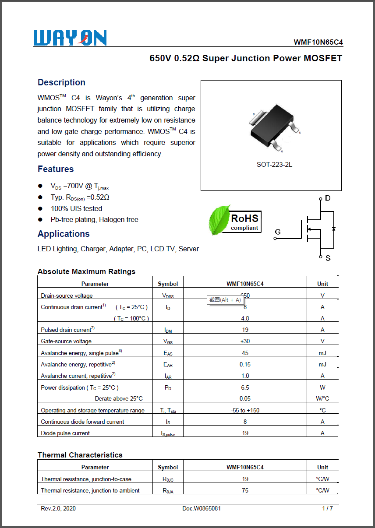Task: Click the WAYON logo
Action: point(70,38)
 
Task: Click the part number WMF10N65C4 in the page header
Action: point(318,42)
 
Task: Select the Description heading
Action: point(61,82)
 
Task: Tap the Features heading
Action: point(56,169)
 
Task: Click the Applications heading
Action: point(64,234)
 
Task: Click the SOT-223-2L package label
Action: point(274,165)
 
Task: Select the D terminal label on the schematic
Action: point(328,199)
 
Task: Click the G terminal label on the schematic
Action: point(278,232)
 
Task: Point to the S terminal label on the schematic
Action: point(328,258)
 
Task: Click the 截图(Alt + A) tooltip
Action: point(225,300)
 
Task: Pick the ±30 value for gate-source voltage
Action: point(245,341)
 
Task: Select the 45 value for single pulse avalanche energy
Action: point(245,353)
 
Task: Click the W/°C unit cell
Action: point(322,399)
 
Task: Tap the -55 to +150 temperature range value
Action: point(245,411)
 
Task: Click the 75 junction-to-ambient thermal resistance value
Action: point(245,491)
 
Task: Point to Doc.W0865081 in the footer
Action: point(202,509)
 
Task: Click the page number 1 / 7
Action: point(327,509)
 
